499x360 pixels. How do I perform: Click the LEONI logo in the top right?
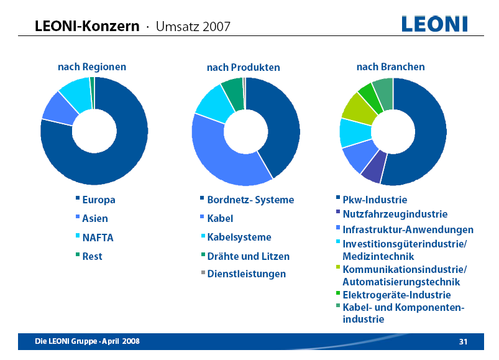[x=434, y=24]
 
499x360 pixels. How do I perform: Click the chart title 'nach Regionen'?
[x=92, y=67]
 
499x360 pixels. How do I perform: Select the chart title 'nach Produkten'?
[x=243, y=67]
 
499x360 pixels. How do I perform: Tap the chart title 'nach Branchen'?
[x=390, y=67]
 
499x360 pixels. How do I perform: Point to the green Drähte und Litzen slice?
[x=233, y=89]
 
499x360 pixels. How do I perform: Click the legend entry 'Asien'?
[x=94, y=219]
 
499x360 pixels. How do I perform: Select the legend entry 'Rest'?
[x=92, y=256]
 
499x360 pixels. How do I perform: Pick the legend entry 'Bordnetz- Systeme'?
[x=250, y=200]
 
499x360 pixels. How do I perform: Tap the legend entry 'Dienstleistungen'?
[x=246, y=274]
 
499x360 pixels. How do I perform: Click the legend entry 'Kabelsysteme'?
[x=239, y=238]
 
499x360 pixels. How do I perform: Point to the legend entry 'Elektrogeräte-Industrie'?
[x=396, y=295]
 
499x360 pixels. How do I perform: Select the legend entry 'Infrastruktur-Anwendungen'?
[x=407, y=230]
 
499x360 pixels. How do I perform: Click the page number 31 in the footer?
[x=463, y=341]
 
